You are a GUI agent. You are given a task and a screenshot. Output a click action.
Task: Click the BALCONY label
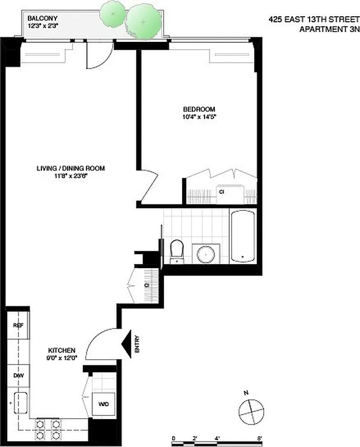42,18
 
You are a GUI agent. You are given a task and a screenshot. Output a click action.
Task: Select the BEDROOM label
198,109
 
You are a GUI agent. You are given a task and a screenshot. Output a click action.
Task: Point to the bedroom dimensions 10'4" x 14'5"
198,117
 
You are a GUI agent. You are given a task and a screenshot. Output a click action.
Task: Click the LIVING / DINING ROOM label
71,168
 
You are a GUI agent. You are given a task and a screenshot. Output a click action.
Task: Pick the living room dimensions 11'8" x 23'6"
71,176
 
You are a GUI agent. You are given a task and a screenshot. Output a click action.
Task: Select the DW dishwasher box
17,375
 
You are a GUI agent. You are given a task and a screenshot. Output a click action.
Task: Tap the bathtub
243,236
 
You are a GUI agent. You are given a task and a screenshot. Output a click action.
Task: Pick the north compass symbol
250,413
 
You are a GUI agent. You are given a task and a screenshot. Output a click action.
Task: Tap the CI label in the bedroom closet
221,192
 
